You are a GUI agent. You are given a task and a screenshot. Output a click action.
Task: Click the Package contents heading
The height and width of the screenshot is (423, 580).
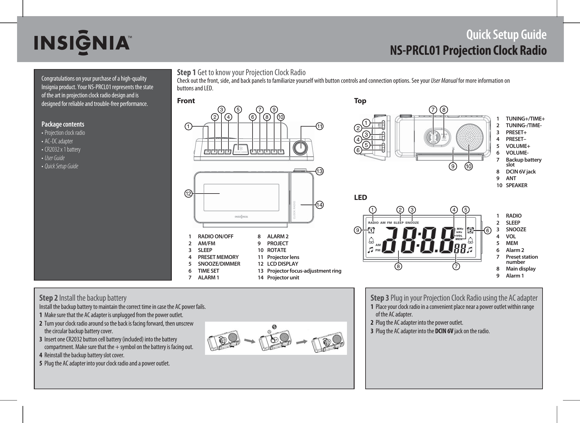(x=63, y=124)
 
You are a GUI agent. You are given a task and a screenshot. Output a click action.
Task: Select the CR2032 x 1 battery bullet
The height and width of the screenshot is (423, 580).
(x=62, y=149)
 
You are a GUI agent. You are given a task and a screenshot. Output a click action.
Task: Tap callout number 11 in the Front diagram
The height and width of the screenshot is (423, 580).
(x=319, y=126)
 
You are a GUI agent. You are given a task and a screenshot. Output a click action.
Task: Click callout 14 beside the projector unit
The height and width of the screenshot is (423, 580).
(x=319, y=205)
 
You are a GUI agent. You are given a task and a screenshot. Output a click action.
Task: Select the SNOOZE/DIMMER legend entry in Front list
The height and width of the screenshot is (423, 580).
(x=219, y=264)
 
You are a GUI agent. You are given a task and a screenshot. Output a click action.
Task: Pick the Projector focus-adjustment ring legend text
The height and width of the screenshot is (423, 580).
(x=304, y=271)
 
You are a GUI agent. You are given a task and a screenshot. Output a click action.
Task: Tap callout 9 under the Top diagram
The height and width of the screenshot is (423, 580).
(x=454, y=166)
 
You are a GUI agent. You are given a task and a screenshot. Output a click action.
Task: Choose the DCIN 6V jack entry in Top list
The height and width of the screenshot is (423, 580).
(x=520, y=172)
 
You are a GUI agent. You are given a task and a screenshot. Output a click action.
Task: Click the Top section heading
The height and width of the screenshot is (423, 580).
(x=360, y=101)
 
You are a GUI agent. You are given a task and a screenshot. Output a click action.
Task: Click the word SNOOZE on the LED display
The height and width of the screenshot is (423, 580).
(x=412, y=223)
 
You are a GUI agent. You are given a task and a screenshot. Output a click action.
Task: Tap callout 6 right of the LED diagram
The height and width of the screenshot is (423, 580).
(x=487, y=231)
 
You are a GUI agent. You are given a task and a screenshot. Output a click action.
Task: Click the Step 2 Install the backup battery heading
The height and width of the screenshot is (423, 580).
(x=83, y=298)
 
